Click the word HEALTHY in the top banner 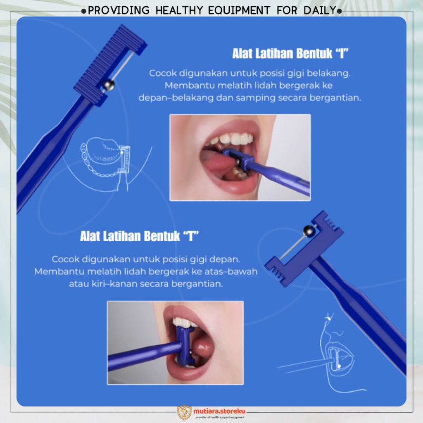179,10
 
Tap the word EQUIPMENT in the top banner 239,10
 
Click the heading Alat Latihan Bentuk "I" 290,53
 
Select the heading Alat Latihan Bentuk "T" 139,236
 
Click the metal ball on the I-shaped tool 109,85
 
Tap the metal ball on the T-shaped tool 309,231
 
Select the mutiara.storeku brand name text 219,411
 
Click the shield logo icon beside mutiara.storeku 184,412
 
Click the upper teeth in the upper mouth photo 232,138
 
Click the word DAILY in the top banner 320,10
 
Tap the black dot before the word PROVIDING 83,11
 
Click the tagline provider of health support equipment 220,417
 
